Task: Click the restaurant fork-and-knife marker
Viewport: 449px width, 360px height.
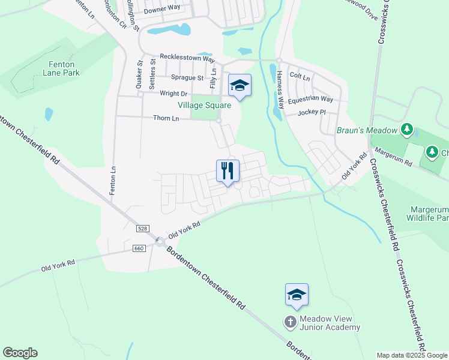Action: pyautogui.click(x=228, y=170)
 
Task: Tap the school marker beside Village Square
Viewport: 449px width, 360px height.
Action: pyautogui.click(x=240, y=86)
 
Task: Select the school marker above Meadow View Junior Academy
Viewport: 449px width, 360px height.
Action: pyautogui.click(x=297, y=295)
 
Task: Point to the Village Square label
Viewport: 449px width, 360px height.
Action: pyautogui.click(x=204, y=105)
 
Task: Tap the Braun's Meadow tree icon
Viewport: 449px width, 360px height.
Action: pyautogui.click(x=407, y=129)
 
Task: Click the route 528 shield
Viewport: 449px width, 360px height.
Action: pyautogui.click(x=142, y=229)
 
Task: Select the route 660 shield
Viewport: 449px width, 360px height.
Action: pyautogui.click(x=139, y=248)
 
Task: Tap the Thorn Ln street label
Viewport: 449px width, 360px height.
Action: pyautogui.click(x=167, y=119)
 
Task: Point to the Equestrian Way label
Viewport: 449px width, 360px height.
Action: pyautogui.click(x=310, y=99)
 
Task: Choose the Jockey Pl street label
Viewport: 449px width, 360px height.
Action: pyautogui.click(x=312, y=112)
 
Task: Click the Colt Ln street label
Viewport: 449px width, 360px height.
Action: pyautogui.click(x=300, y=77)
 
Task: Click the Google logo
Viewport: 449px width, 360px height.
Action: pyautogui.click(x=20, y=353)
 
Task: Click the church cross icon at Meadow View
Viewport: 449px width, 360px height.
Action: pyautogui.click(x=290, y=322)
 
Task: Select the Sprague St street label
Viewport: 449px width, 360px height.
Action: pyautogui.click(x=187, y=77)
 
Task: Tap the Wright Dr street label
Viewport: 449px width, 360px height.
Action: pyautogui.click(x=174, y=94)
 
